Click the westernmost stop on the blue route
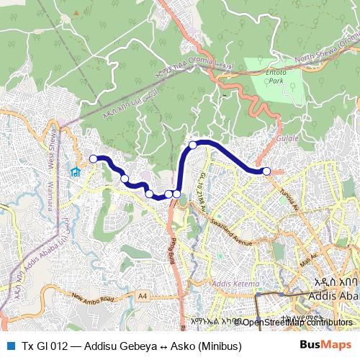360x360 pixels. tap(93, 158)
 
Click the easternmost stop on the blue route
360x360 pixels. tap(266, 171)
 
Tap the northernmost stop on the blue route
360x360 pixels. tap(193, 145)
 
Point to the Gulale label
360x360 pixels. tap(287, 135)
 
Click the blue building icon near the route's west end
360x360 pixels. tap(74, 171)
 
